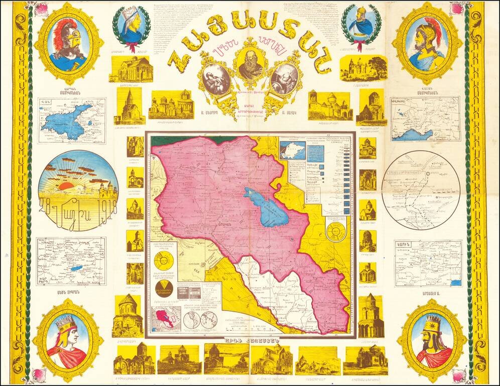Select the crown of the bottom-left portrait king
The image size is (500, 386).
tap(66, 321)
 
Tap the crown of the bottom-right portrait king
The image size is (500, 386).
tap(433, 320)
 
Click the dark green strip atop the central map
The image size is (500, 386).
tap(166, 140)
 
